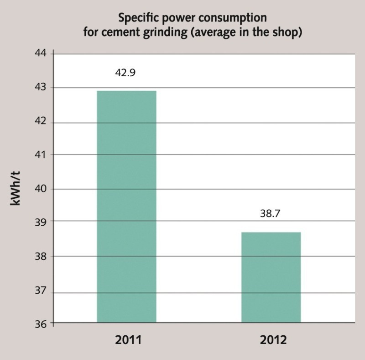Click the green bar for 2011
pyautogui.click(x=126, y=206)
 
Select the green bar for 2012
pyautogui.click(x=271, y=277)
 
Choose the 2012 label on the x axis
pyautogui.click(x=273, y=341)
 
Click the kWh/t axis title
pyautogui.click(x=16, y=189)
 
